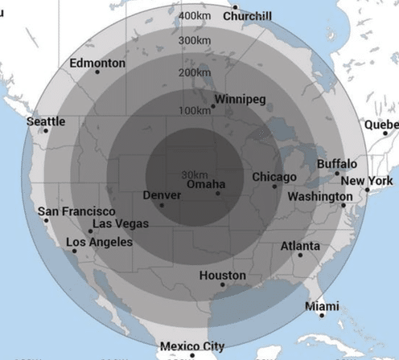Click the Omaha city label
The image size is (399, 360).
point(206,185)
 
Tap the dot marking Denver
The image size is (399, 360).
point(162,205)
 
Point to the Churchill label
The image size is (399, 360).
point(248,16)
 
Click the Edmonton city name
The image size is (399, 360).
point(97,63)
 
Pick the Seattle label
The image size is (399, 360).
point(47,121)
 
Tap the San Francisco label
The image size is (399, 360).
point(76,211)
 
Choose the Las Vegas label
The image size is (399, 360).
point(120,223)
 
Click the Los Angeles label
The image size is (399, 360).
point(99,242)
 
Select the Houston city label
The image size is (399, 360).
point(223,276)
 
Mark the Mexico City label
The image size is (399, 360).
point(192,346)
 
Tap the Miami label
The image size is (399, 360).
point(322,307)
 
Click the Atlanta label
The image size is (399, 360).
point(300,246)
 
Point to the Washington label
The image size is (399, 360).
point(319,197)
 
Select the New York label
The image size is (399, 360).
point(369,181)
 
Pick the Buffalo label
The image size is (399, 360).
point(337,164)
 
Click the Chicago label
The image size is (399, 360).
point(274,177)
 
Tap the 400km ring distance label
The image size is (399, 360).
point(195,16)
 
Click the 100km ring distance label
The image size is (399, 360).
point(195,110)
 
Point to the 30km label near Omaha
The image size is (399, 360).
point(195,174)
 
